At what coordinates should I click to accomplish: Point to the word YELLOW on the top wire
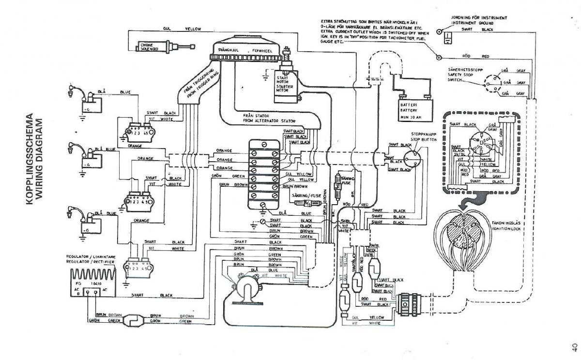[x=193, y=30]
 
